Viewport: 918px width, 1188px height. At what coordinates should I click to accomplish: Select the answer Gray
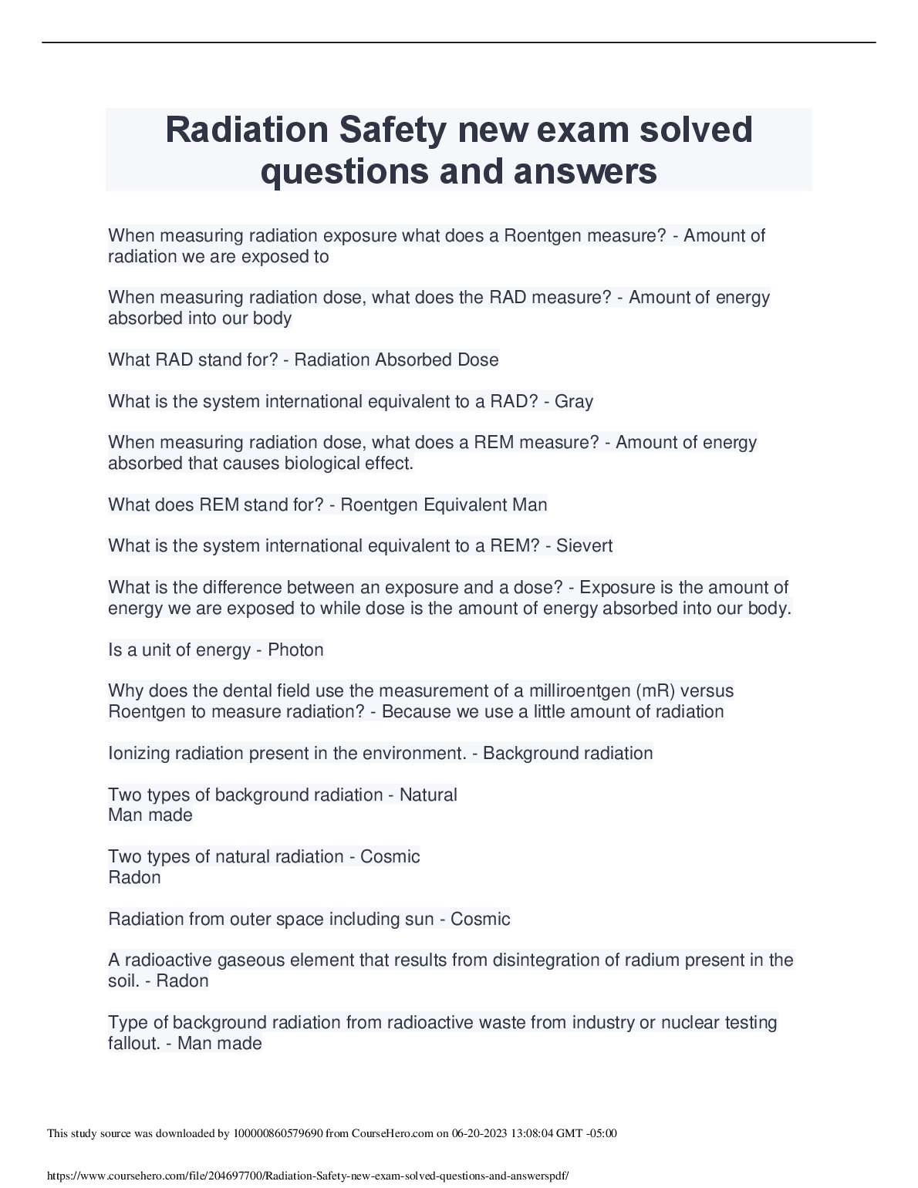[x=574, y=401]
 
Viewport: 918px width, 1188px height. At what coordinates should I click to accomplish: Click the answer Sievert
[x=584, y=546]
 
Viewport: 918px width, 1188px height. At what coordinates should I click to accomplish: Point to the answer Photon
[x=295, y=650]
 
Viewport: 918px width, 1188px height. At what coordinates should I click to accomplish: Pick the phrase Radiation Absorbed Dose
[x=397, y=359]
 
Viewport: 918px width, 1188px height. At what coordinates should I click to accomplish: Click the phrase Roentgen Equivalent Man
[x=444, y=505]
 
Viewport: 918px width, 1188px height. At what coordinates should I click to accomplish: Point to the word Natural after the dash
[x=428, y=795]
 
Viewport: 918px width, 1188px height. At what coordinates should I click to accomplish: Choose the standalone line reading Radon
[x=134, y=878]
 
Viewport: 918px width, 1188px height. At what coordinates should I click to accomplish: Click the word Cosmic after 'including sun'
[x=480, y=919]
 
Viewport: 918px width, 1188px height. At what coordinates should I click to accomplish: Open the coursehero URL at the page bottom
[x=308, y=1176]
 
